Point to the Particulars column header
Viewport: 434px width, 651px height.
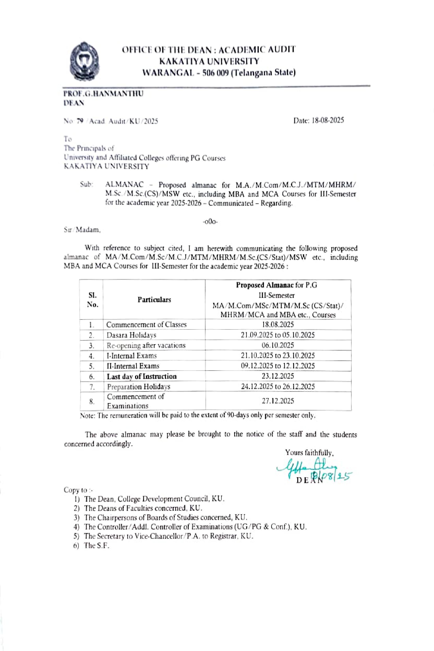click(154, 299)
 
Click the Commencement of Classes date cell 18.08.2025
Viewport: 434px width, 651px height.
click(278, 324)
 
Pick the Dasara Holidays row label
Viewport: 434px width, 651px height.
click(131, 335)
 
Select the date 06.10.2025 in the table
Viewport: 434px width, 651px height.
click(278, 345)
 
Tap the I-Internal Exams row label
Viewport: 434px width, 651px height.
click(132, 356)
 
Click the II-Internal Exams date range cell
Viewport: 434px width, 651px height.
click(278, 366)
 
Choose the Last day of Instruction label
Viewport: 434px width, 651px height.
click(142, 376)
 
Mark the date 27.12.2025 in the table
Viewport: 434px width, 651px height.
click(278, 401)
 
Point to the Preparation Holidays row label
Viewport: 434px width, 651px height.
click(139, 387)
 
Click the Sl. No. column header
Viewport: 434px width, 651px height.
click(92, 300)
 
